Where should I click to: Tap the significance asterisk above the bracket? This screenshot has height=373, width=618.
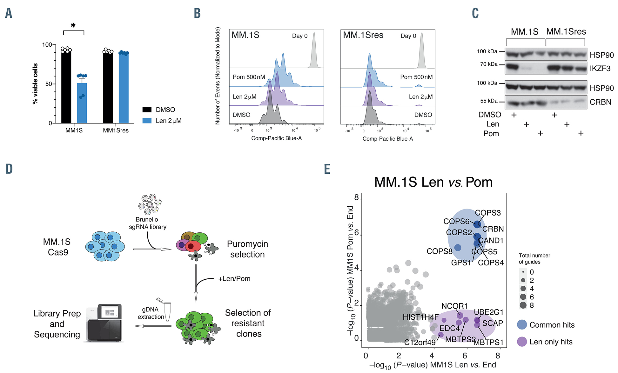73,25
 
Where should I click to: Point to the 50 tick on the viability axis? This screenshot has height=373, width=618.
49,84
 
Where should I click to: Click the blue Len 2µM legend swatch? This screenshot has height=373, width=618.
147,121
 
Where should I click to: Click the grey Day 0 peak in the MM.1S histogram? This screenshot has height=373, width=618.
314,51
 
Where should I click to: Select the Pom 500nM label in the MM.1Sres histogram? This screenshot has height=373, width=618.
416,77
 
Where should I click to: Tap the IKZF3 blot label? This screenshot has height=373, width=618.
600,69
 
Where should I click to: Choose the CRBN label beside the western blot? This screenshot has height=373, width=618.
600,102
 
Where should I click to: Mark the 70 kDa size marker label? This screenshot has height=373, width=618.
489,64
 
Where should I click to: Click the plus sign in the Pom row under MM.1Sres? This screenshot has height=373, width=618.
581,133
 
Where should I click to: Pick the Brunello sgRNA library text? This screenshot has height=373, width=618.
147,223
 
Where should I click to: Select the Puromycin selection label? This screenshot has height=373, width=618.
247,249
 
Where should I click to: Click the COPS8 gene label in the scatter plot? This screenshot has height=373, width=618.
439,251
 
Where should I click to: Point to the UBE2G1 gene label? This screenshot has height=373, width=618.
488,312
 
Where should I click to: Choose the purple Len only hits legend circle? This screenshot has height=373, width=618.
522,342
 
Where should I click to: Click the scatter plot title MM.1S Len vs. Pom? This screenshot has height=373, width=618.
433,182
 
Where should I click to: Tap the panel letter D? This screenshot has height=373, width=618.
9,169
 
